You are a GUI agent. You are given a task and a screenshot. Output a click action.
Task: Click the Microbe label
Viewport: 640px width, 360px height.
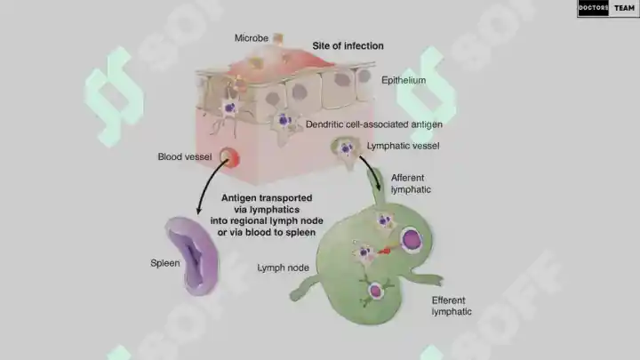pyautogui.click(x=251, y=38)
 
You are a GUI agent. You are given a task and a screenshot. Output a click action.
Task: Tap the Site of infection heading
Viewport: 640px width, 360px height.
pyautogui.click(x=348, y=45)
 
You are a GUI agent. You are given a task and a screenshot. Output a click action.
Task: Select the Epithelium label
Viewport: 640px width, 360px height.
pyautogui.click(x=404, y=80)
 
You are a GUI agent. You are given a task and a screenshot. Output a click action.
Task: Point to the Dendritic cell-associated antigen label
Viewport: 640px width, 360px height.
pyautogui.click(x=374, y=124)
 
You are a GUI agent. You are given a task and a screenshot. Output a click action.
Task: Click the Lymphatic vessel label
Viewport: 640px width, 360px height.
pyautogui.click(x=403, y=146)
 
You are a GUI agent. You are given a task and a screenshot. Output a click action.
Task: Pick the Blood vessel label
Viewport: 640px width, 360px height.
pyautogui.click(x=185, y=156)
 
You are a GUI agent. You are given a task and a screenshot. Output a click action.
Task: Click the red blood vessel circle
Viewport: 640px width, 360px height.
pyautogui.click(x=229, y=157)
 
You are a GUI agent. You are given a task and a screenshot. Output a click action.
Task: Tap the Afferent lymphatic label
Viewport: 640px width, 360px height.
pyautogui.click(x=411, y=184)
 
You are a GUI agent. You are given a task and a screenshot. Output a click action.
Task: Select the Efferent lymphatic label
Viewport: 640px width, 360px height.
pyautogui.click(x=452, y=306)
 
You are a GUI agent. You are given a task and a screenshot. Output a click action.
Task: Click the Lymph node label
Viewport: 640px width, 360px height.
pyautogui.click(x=283, y=268)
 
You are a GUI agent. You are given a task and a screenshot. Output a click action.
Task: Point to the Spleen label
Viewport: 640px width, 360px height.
pyautogui.click(x=165, y=263)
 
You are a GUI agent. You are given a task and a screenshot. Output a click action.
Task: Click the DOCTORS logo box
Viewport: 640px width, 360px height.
pyautogui.click(x=593, y=8)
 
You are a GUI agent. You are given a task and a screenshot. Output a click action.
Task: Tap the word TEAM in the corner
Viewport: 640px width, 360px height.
pyautogui.click(x=625, y=8)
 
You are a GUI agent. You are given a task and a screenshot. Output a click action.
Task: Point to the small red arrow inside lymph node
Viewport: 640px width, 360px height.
pyautogui.click(x=385, y=251)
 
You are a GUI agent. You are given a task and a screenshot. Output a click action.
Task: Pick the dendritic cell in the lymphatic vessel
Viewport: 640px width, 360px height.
pyautogui.click(x=347, y=149)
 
